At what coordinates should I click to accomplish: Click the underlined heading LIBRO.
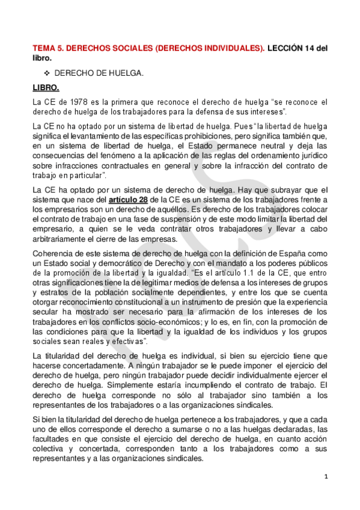coord(46,87)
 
